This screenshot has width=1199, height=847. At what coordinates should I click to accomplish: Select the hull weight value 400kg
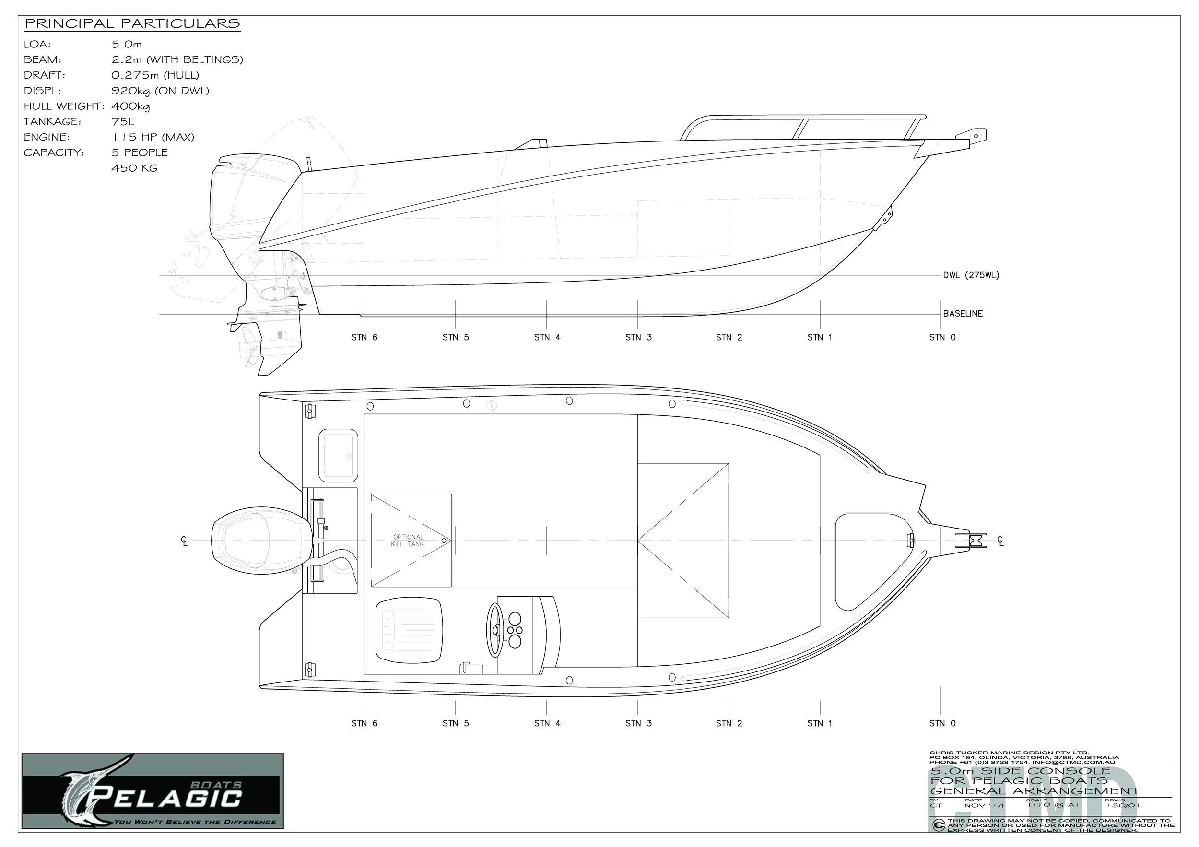point(130,106)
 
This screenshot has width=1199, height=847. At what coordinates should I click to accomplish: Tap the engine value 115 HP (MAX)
point(153,137)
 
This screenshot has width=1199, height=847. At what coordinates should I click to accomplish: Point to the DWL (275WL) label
point(971,275)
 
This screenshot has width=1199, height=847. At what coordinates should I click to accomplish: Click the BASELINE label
point(963,313)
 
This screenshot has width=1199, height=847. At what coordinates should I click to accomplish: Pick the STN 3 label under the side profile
point(638,337)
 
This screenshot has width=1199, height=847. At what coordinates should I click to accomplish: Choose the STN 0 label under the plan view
point(942,723)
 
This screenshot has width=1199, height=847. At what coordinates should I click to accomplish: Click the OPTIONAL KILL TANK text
point(408,541)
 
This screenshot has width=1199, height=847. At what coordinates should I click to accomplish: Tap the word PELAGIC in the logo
point(169,798)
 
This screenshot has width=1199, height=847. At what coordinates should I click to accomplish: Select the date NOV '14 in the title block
point(984,806)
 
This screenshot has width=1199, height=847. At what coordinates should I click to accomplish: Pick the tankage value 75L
point(123,122)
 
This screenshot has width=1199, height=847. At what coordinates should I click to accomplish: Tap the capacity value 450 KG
point(134,168)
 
